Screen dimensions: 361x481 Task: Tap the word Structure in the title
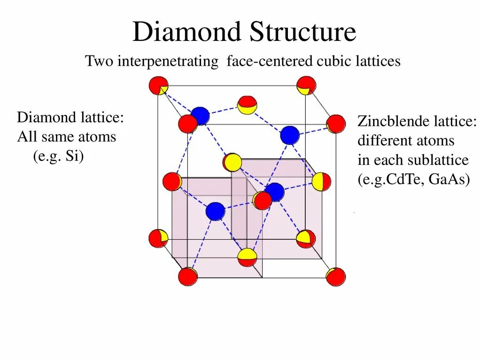[303, 32]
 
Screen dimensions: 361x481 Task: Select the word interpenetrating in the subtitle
[168, 61]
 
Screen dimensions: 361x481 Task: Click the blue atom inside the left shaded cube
[215, 211]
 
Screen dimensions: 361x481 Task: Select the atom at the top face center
[247, 105]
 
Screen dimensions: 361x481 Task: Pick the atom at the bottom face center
[247, 257]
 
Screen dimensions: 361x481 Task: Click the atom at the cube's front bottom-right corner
[336, 277]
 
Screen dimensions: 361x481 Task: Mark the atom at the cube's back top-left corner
[158, 86]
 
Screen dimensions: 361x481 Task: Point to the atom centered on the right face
[321, 181]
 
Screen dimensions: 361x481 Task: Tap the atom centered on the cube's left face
[172, 181]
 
